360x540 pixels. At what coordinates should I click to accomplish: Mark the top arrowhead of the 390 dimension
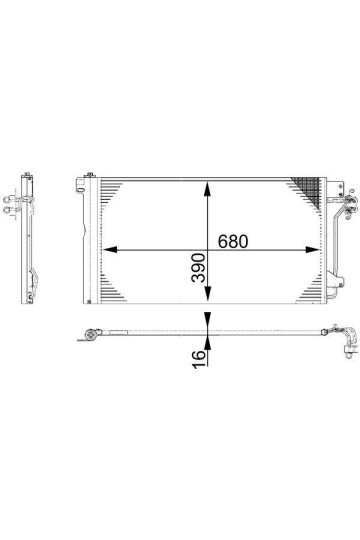tap(207, 186)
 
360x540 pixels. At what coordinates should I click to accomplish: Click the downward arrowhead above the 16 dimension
tap(207, 321)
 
